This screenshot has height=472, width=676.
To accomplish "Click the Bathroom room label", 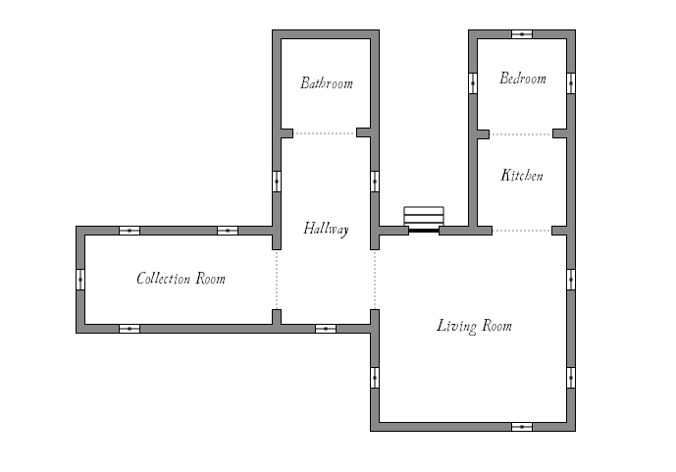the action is point(327,82).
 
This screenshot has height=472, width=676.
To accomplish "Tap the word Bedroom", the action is point(523,79).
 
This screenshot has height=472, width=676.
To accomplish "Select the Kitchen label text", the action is point(522,175).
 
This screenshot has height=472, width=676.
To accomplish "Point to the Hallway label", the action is point(326,229).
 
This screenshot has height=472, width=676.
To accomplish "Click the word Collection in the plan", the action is point(164,279).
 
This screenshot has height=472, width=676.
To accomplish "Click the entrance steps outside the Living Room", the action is point(424,219).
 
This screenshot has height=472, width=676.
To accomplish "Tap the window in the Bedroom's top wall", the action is point(522,34).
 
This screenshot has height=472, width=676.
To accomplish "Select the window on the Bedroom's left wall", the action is point(473,83).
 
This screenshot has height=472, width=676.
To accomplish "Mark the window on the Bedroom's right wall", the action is point(571,83).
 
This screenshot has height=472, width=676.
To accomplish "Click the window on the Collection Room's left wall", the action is point(80,280).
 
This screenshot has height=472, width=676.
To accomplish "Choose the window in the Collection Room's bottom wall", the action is point(130,329).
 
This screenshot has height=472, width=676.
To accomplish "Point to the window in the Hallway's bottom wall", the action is point(326,329).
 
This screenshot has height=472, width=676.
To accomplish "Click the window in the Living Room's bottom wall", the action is point(522,427).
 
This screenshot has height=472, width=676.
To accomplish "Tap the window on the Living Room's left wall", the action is point(375,378).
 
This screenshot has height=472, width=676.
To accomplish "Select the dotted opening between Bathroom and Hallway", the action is point(325,133).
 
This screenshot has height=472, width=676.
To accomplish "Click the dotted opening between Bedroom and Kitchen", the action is point(521,134).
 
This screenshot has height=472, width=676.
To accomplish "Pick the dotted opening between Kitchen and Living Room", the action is point(522,231).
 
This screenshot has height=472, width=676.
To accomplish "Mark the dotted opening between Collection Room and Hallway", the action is point(277,280).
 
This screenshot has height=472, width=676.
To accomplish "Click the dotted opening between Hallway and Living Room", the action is point(375,280).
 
